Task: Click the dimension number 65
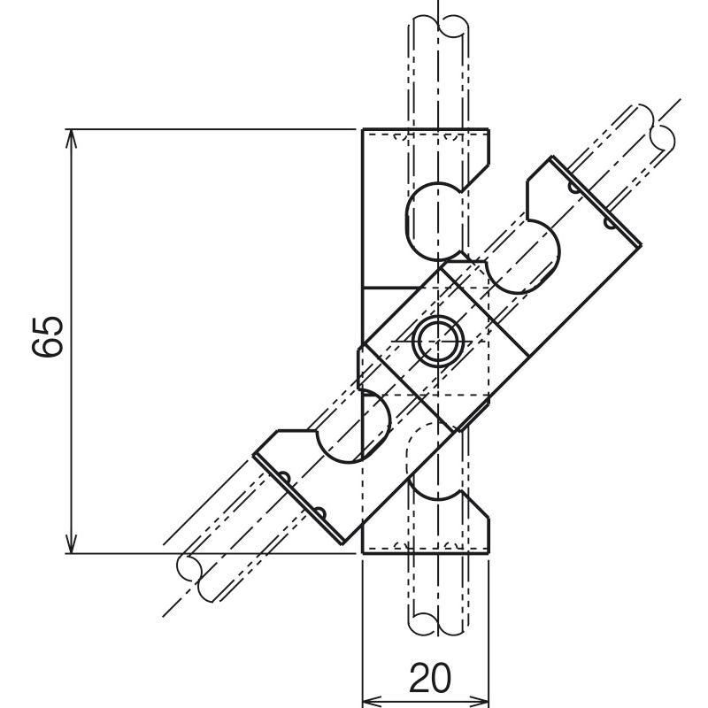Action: click(49, 336)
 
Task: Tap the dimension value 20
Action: click(429, 679)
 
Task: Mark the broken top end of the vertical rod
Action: click(439, 22)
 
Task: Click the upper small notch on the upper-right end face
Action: click(575, 189)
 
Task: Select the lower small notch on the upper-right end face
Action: click(609, 222)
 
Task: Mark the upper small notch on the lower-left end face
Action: click(285, 479)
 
